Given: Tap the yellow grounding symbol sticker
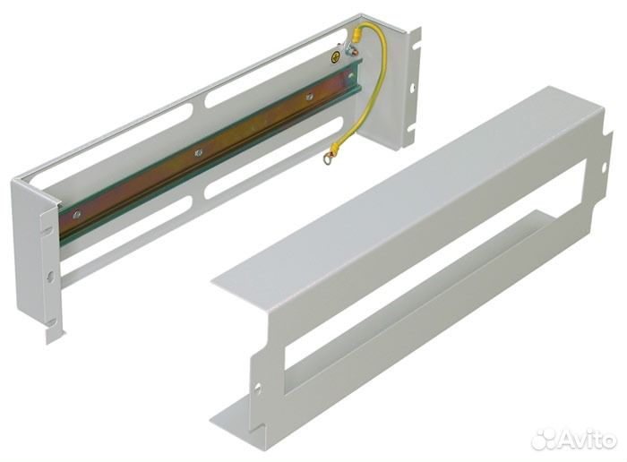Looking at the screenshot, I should [x=335, y=60].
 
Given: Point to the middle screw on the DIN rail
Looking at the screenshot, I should [x=199, y=154].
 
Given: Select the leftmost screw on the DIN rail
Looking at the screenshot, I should [x=77, y=214].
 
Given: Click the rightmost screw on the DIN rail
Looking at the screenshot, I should [x=309, y=96].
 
